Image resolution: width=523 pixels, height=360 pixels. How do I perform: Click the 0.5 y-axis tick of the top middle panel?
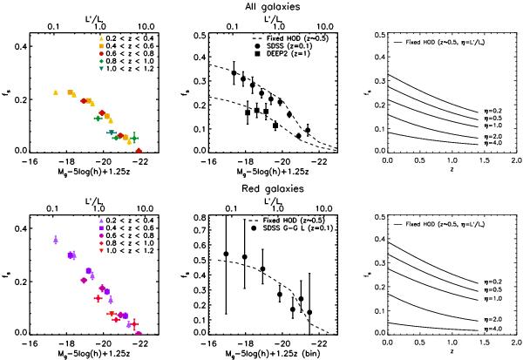pos(198,36)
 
